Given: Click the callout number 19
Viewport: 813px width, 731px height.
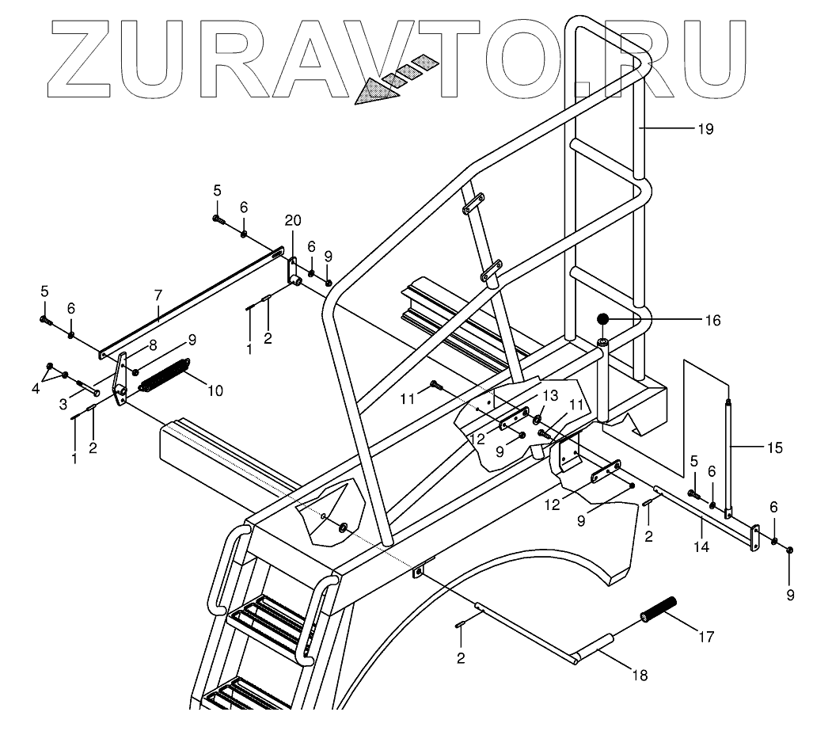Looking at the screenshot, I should [x=705, y=128].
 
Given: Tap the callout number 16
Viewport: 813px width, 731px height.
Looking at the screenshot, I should [x=712, y=320].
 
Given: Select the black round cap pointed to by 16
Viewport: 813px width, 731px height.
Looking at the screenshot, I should [x=603, y=319].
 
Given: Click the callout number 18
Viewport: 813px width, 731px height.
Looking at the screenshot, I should [x=640, y=676].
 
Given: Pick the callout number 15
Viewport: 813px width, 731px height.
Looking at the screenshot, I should [x=775, y=447].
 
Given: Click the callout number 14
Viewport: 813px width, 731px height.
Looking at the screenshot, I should [x=701, y=546].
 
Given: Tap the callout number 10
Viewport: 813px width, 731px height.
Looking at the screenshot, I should [x=215, y=390].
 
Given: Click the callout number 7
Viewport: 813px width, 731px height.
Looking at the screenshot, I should [x=158, y=295].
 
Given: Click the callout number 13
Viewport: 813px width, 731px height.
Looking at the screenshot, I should [x=549, y=395].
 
